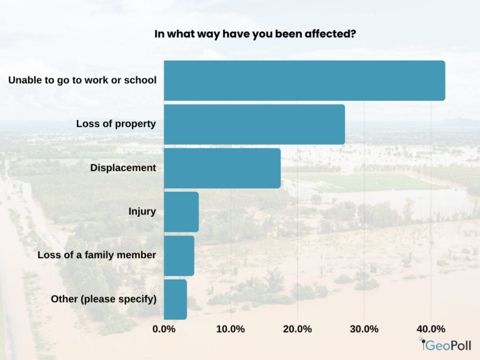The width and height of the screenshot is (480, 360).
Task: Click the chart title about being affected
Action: click(255, 34)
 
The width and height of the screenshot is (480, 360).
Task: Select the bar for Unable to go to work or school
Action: click(304, 81)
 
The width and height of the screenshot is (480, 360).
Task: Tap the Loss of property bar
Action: click(254, 124)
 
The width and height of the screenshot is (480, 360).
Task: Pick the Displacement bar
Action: click(222, 168)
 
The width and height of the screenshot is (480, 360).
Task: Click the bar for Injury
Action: click(181, 212)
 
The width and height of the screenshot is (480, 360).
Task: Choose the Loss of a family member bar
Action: click(179, 256)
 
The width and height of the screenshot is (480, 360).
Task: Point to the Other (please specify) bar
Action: click(176, 299)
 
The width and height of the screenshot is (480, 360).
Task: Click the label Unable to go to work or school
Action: click(82, 81)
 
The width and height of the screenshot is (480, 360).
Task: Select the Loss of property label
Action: click(116, 124)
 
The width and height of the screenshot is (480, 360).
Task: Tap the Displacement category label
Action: click(123, 167)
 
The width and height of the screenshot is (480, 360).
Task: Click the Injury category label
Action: click(142, 211)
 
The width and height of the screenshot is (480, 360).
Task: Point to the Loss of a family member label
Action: click(97, 255)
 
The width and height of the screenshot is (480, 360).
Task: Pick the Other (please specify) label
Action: click(104, 299)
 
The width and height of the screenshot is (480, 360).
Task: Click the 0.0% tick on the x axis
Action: click(164, 329)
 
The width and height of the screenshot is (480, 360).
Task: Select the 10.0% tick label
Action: click(231, 329)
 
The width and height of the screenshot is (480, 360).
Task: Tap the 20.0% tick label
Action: click(297, 329)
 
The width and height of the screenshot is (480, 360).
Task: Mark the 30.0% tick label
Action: click(364, 329)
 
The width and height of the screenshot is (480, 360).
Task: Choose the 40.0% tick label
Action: click(431, 329)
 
